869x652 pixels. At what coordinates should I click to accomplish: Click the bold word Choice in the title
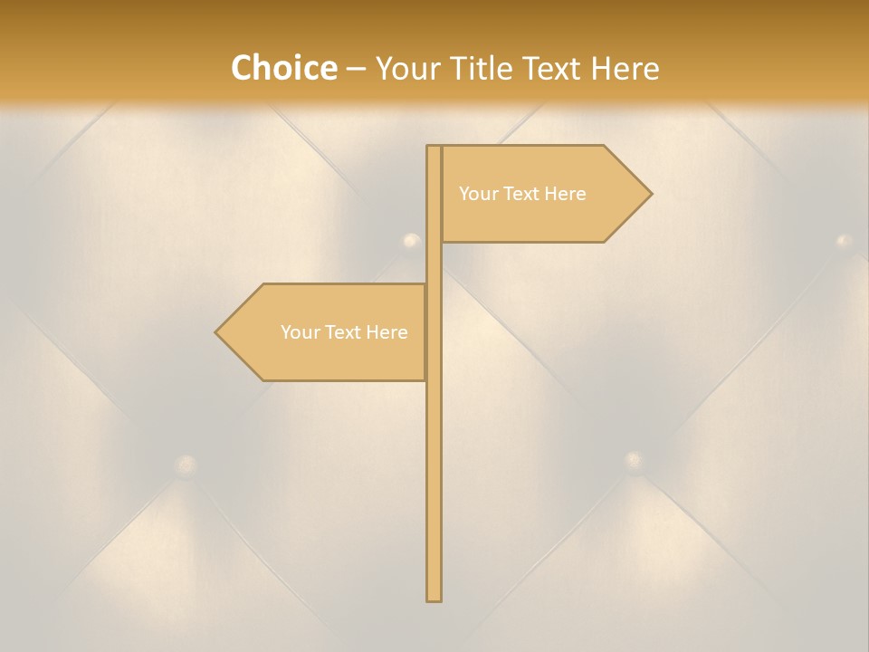click(283, 68)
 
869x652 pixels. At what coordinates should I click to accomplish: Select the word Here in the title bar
click(625, 68)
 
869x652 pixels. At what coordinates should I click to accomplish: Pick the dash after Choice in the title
click(356, 69)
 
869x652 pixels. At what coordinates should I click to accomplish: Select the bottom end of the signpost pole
click(434, 599)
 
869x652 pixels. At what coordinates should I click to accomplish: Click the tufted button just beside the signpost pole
click(412, 241)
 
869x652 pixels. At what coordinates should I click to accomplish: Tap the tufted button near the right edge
click(844, 241)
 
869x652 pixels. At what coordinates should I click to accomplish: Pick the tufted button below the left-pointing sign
click(186, 465)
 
